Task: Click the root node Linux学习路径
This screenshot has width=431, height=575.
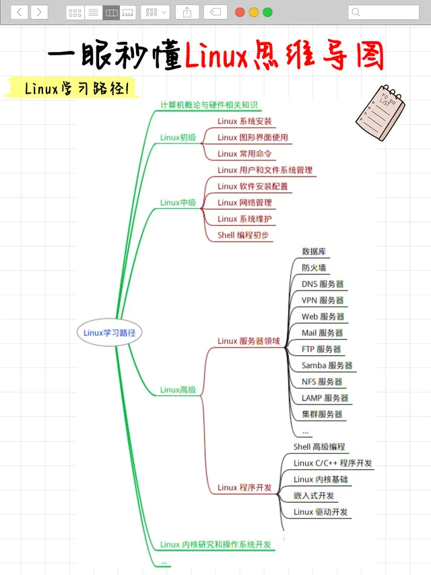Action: coord(110,332)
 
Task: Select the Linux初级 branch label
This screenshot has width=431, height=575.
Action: coord(178,138)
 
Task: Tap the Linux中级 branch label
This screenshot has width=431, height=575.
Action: coord(178,202)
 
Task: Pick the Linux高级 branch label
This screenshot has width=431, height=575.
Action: coord(178,390)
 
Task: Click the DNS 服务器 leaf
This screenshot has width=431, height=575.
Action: coord(323,284)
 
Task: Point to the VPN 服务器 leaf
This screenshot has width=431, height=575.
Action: coord(323,301)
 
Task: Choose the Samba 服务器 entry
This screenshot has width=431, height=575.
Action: coord(327,365)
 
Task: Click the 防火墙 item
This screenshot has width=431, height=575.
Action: coord(314,268)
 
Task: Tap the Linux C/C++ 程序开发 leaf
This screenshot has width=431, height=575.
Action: coord(333,463)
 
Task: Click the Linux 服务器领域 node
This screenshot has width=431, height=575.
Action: coord(248,341)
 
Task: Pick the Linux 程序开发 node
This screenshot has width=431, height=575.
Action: coord(244,487)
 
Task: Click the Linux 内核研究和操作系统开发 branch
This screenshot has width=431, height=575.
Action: coord(218,545)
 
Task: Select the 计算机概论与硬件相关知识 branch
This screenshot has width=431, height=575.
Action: coord(209,105)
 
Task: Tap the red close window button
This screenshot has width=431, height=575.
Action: coord(240,12)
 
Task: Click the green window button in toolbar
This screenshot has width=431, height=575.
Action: coord(267,12)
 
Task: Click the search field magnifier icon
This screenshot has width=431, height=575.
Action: coord(356,12)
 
